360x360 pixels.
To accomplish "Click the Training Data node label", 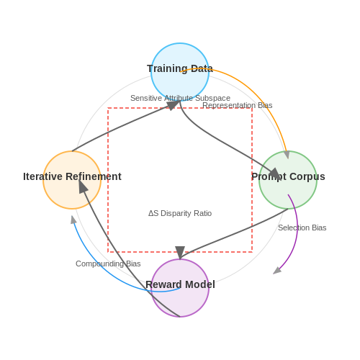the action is (180, 68).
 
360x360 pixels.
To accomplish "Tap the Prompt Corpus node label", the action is (288, 176).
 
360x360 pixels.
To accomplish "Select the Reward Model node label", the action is (180, 284).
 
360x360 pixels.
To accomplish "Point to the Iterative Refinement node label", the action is (72, 176).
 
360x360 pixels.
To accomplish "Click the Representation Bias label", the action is (238, 105).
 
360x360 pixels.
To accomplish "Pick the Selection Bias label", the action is (302, 228).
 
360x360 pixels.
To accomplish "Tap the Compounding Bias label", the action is (108, 264).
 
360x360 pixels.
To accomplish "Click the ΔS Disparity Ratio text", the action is (180, 213).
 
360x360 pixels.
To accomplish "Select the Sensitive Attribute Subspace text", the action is (180, 98).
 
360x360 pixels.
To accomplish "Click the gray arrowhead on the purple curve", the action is (277, 271).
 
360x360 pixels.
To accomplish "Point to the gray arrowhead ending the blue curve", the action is (73, 220).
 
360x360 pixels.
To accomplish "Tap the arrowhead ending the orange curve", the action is (287, 155).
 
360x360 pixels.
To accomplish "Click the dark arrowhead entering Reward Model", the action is (180, 253).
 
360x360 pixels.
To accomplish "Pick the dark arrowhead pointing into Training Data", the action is (173, 105).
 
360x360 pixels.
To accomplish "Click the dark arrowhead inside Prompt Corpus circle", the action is (276, 174).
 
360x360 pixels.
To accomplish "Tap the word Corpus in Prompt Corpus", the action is (307, 176).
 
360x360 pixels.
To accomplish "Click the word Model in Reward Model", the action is (200, 284).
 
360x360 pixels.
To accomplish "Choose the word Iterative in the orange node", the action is (42, 176).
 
